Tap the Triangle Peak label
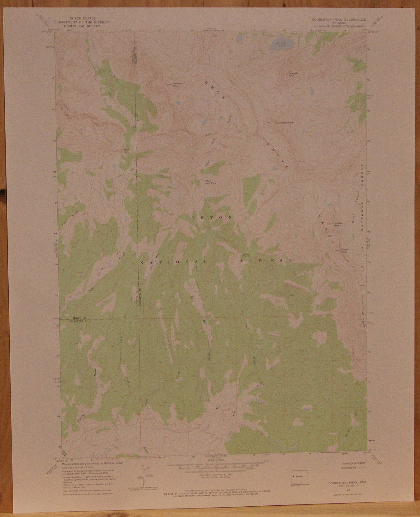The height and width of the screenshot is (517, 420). coord(293,74)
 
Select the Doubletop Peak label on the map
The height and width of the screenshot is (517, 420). coord(285,123)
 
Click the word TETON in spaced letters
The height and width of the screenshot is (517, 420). coord(211,218)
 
